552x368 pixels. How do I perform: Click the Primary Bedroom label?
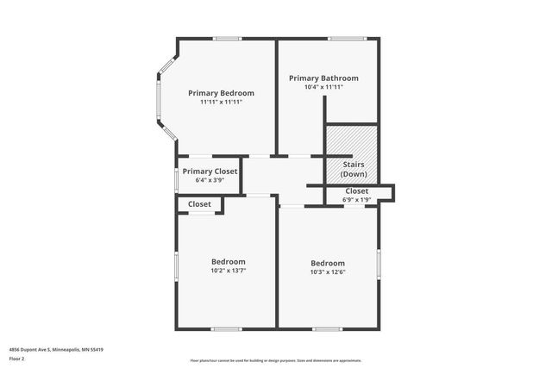point(221,93)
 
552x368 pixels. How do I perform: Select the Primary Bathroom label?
point(323,78)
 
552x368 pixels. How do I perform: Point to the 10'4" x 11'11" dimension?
point(323,87)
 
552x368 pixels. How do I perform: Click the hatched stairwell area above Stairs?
point(351,141)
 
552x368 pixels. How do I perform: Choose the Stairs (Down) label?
point(354,169)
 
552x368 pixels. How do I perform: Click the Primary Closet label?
point(210,172)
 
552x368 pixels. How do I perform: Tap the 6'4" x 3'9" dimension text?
point(210,181)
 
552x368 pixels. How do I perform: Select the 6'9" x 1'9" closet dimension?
point(356,200)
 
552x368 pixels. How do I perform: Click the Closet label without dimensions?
point(199,204)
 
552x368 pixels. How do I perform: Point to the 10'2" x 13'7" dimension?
point(229,271)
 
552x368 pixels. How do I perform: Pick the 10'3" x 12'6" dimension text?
point(328,272)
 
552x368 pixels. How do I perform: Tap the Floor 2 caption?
point(16,358)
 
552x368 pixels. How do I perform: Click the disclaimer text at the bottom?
point(275,360)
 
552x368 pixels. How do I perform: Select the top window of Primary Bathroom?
point(348,38)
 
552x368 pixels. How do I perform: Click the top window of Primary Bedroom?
point(228,38)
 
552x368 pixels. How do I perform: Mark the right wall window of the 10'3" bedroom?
point(379,264)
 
